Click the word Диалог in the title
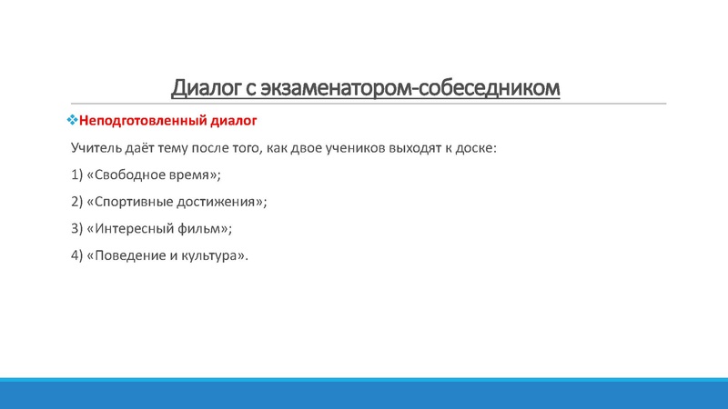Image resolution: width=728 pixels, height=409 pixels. point(204,88)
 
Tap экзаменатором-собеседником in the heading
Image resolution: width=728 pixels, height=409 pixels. point(409,88)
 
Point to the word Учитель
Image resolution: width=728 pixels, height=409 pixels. point(96,147)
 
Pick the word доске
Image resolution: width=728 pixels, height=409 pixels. point(477,147)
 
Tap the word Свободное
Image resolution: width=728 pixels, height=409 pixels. point(128,175)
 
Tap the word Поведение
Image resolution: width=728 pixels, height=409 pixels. point(127,255)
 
